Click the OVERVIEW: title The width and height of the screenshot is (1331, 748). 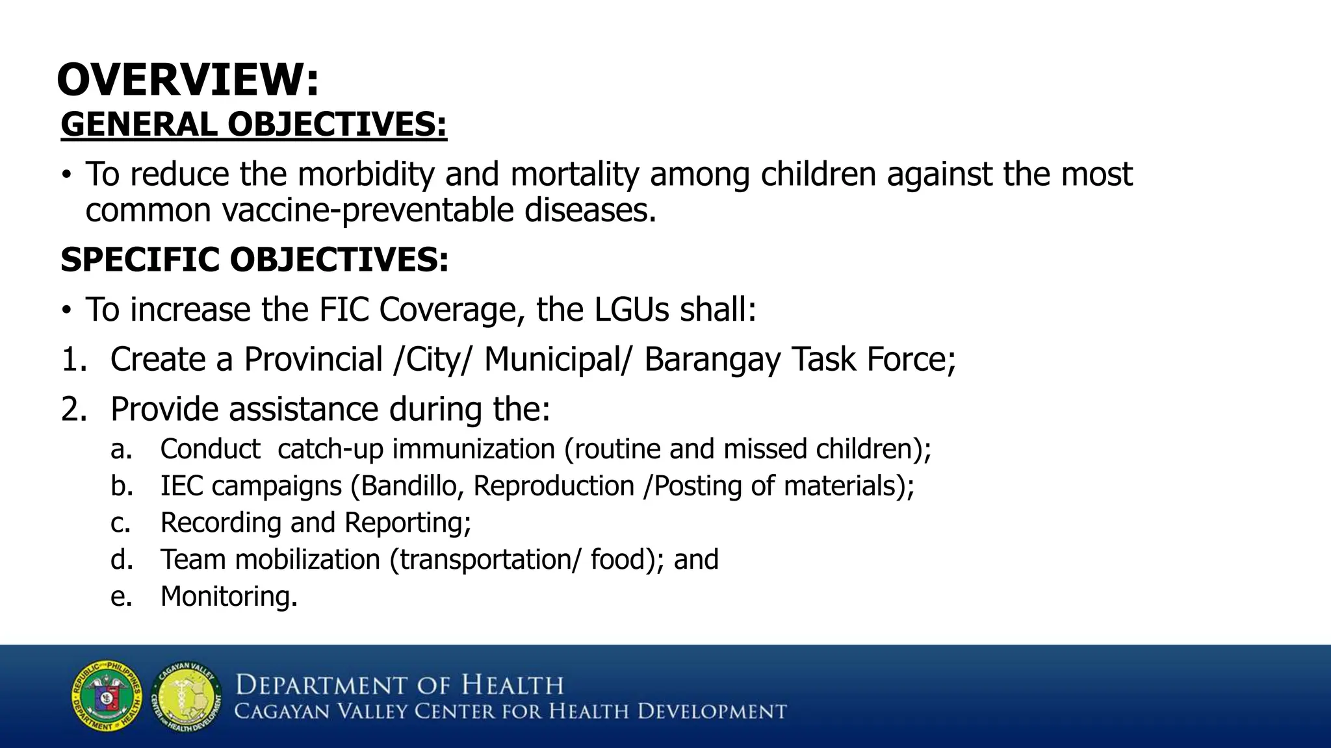pyautogui.click(x=188, y=80)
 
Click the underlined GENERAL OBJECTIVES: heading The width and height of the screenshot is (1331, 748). pyautogui.click(x=253, y=124)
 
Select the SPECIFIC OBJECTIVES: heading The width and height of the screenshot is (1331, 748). pyautogui.click(x=254, y=260)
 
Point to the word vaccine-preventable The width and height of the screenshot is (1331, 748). pyautogui.click(x=368, y=210)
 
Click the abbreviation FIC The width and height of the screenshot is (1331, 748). pyautogui.click(x=344, y=309)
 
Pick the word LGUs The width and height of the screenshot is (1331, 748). pyautogui.click(x=631, y=309)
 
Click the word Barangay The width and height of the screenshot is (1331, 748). pyautogui.click(x=712, y=360)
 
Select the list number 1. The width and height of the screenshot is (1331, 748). pyautogui.click(x=73, y=360)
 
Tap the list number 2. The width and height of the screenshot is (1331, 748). pyautogui.click(x=73, y=410)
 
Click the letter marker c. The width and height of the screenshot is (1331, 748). pyautogui.click(x=120, y=523)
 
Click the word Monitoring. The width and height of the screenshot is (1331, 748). pyautogui.click(x=228, y=597)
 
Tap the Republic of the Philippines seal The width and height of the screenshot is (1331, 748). pyautogui.click(x=107, y=696)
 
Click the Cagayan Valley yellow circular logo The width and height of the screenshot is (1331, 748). pyautogui.click(x=187, y=697)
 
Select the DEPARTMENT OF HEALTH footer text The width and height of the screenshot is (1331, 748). pyautogui.click(x=399, y=686)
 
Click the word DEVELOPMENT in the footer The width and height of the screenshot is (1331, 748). pyautogui.click(x=712, y=712)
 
